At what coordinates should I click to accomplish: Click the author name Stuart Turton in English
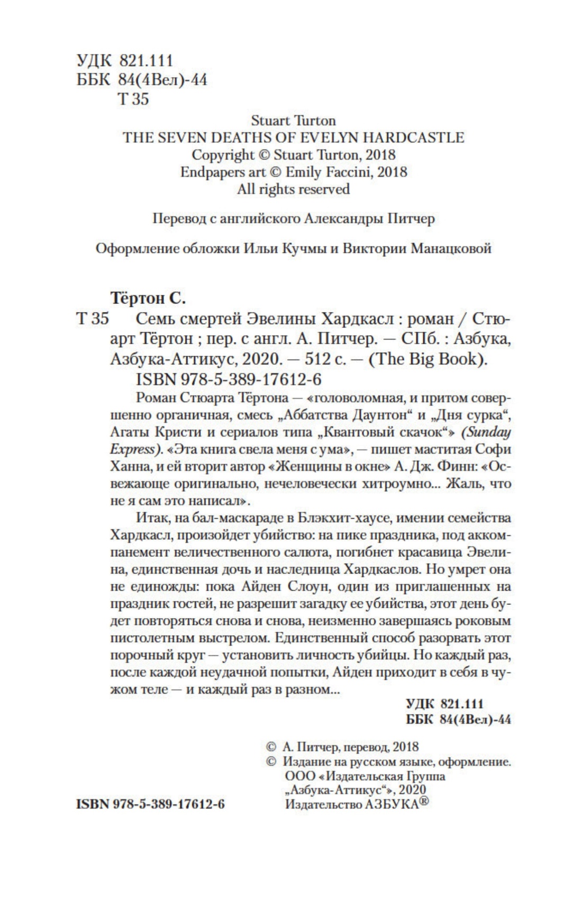[x=293, y=121]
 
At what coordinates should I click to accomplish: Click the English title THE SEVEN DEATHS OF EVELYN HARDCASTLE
[x=293, y=137]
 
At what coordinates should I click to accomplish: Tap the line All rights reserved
[x=293, y=189]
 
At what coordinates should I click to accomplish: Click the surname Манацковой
[x=449, y=248]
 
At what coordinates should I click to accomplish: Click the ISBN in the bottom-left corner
[x=151, y=804]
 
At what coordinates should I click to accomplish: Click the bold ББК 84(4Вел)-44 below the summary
[x=458, y=720]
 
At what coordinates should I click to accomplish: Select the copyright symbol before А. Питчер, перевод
[x=270, y=747]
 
